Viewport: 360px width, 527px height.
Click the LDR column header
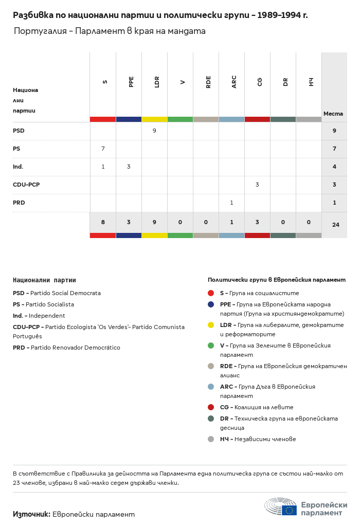(157, 82)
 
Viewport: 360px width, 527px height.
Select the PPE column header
(131, 82)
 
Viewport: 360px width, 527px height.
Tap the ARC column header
(234, 82)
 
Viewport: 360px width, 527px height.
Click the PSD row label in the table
(19, 131)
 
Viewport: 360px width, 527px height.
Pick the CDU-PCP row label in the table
(26, 185)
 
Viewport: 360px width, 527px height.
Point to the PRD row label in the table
(19, 203)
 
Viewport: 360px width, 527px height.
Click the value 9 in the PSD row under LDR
(154, 131)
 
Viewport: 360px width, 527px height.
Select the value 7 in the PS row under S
(103, 149)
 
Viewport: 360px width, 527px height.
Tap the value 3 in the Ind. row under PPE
(129, 167)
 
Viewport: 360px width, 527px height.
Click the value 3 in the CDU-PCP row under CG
(257, 185)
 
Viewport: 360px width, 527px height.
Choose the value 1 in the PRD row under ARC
(231, 203)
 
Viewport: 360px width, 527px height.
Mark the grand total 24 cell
(336, 225)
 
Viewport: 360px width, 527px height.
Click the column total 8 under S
(103, 222)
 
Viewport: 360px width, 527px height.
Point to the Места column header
(333, 114)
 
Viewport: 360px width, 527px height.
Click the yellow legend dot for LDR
(211, 325)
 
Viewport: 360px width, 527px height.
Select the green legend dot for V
(211, 346)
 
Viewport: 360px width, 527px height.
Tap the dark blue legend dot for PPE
(211, 304)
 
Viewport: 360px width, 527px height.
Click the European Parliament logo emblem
(281, 506)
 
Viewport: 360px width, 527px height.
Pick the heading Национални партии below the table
(44, 280)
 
